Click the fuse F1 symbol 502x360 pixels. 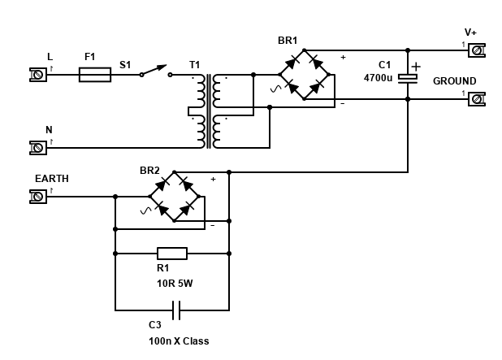(x=95, y=74)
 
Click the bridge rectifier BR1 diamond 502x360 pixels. (x=303, y=75)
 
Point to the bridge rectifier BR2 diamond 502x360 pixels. (x=174, y=197)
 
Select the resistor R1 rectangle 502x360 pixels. (x=171, y=253)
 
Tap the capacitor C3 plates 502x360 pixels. (x=174, y=310)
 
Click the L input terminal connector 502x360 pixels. (x=38, y=74)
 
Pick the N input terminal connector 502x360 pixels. (x=38, y=147)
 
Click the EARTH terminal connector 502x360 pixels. (x=38, y=196)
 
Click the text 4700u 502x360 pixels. (x=378, y=79)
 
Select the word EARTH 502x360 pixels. (x=52, y=178)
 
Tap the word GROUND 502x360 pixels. (x=454, y=81)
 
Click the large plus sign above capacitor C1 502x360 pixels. (x=416, y=66)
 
